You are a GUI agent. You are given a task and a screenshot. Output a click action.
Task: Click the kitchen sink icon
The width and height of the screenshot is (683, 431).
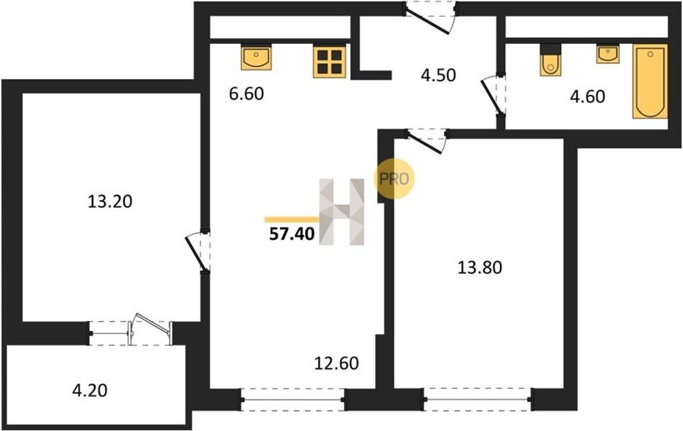coord(257,57)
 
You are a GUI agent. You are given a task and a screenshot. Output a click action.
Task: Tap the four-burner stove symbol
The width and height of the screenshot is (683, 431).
coord(329,61)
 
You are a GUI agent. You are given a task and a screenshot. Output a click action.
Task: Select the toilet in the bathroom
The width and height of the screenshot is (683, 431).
coord(550,60)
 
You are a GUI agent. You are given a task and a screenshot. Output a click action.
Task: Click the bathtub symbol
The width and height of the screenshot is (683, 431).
coord(650,81)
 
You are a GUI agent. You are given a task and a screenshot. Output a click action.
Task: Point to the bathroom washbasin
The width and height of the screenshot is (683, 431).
coord(608,55)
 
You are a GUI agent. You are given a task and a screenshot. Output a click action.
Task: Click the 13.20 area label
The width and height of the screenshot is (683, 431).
coord(110,202)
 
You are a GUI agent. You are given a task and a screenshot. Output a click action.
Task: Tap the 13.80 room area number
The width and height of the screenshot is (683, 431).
coord(480,267)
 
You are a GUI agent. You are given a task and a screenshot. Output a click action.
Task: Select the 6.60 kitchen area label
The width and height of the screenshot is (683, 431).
coord(247,93)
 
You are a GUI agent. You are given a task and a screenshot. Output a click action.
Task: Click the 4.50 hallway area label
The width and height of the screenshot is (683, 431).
coord(438,75)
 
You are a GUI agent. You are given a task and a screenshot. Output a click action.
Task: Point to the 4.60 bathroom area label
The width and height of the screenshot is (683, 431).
coord(587,96)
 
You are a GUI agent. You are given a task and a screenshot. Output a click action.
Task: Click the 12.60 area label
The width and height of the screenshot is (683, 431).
coord(337,363)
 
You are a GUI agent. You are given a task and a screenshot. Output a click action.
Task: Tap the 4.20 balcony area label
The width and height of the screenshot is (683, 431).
coord(90,390)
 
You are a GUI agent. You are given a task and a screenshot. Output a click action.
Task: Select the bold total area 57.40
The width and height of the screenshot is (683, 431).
coord(292,234)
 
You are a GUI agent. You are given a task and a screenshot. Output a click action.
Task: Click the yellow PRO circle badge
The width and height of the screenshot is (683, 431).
coord(394,179)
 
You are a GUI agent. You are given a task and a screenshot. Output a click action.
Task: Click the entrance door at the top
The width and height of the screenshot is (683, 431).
coord(431,17)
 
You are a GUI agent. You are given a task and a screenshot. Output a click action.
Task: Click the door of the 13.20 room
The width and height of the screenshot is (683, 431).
coord(199,252)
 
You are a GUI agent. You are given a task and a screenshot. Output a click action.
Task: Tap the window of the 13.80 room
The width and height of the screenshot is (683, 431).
coord(477,399)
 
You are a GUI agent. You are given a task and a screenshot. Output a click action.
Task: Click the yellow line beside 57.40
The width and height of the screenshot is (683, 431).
coord(292,220)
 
